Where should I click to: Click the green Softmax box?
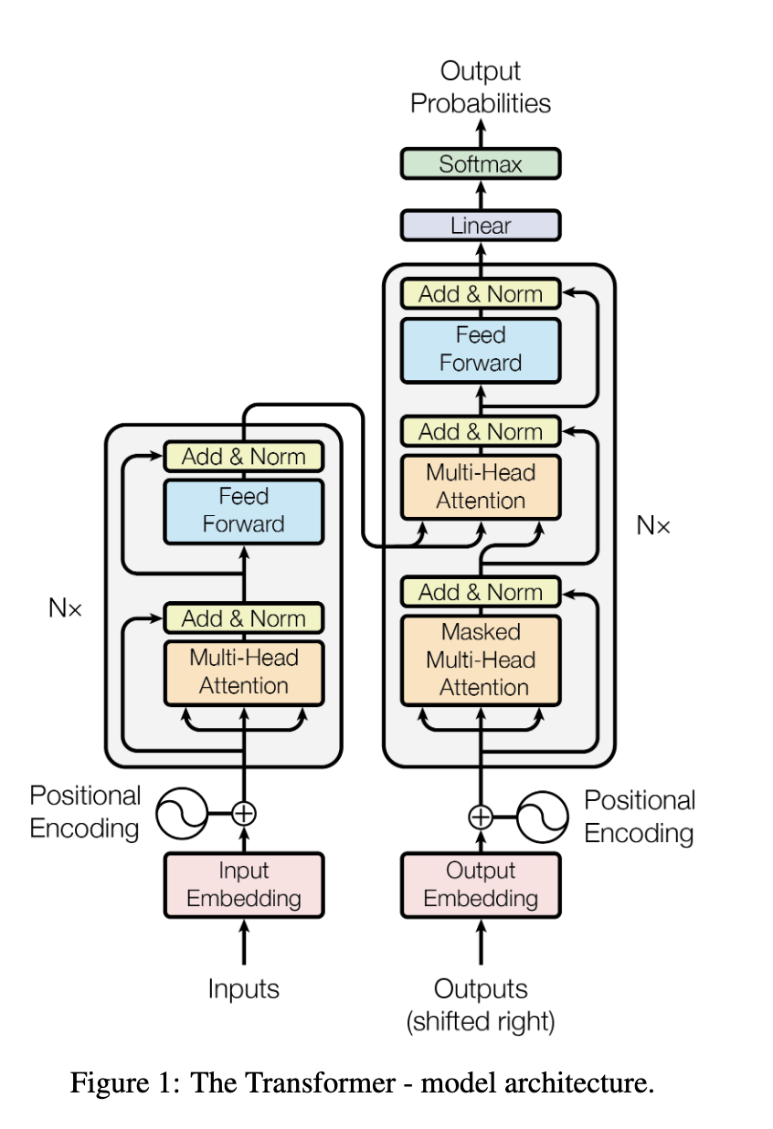(481, 164)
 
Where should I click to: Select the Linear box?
(481, 226)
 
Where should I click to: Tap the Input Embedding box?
(244, 884)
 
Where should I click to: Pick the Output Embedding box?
(481, 884)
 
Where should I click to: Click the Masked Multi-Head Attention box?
(481, 659)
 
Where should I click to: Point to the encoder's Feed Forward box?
(244, 512)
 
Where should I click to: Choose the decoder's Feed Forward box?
(481, 350)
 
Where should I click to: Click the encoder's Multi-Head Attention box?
(244, 672)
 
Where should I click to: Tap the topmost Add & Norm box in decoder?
(481, 293)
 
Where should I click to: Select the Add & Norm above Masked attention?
(481, 591)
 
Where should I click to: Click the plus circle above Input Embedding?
(244, 814)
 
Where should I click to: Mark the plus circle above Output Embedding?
(481, 817)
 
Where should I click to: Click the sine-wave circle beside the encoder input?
(182, 813)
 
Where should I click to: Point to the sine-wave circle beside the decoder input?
(543, 817)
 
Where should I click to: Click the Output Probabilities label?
(481, 87)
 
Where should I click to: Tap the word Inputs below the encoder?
(244, 988)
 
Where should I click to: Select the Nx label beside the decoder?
(653, 526)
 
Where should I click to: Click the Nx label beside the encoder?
(65, 607)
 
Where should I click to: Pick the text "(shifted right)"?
(481, 1021)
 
